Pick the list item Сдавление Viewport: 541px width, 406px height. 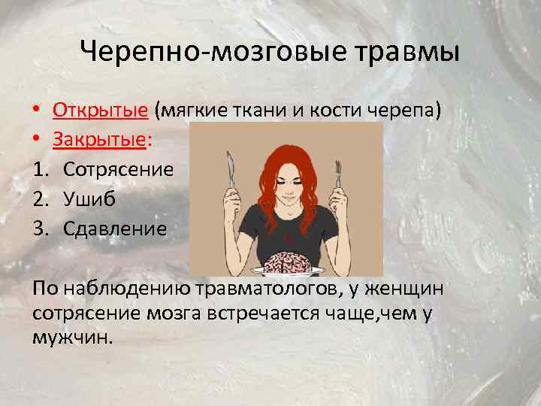(x=114, y=229)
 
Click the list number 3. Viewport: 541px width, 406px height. (x=41, y=229)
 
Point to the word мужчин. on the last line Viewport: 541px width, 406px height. (x=74, y=336)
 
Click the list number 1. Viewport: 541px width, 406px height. (x=41, y=170)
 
